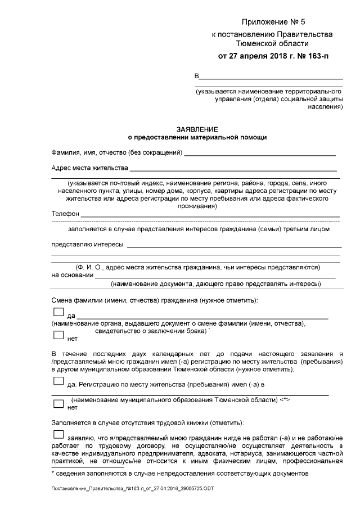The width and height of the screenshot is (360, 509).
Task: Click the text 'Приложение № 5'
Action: click(272, 22)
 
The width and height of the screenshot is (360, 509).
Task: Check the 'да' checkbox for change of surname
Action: click(58, 312)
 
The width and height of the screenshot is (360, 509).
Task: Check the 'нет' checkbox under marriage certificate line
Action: click(58, 335)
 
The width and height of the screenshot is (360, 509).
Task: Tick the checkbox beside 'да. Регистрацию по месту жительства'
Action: click(58, 381)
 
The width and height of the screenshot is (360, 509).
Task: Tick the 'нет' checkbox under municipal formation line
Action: click(58, 404)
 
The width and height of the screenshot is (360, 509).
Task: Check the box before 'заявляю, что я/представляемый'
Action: click(58, 434)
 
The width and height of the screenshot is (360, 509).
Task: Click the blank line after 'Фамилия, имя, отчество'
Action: click(260, 154)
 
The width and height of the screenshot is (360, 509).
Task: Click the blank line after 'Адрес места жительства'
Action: click(233, 169)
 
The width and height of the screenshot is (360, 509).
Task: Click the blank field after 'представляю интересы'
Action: click(235, 246)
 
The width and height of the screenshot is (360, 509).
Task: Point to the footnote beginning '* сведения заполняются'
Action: click(179, 474)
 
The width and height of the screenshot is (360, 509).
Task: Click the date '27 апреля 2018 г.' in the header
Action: click(255, 56)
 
